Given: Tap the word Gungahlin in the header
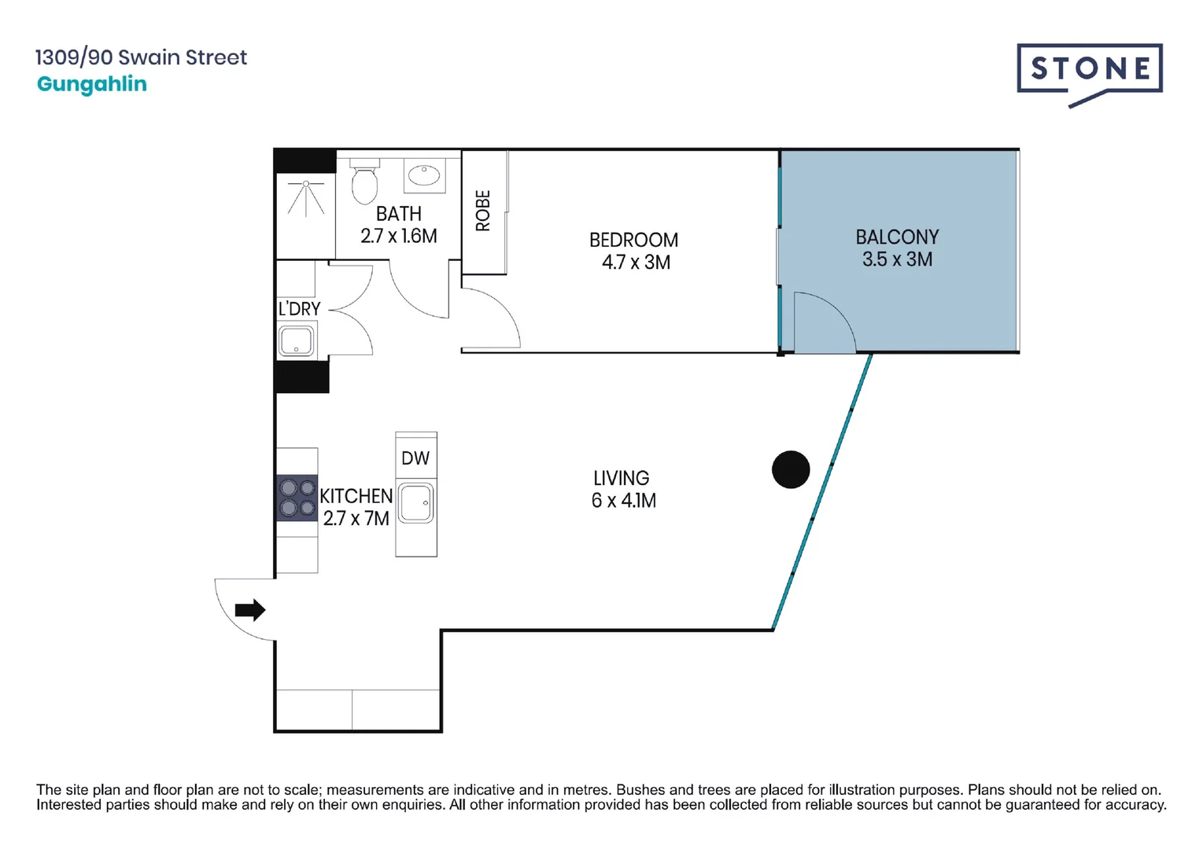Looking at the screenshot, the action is coord(92,85).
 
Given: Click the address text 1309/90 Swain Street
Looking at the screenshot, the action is coord(142,57).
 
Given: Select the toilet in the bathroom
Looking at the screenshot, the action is coord(364,181).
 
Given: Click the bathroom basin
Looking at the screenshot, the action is coord(424,175).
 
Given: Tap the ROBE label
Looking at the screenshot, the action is coord(483,211).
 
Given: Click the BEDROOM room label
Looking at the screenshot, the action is coord(633,240).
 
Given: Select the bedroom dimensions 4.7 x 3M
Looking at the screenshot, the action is coord(636,263).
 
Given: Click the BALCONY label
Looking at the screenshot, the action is coord(898,237).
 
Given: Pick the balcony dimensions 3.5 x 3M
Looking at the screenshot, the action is coord(898,259).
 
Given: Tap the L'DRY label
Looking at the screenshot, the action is coord(299,309).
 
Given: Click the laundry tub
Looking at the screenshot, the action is coord(296,340).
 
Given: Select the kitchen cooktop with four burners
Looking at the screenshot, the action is coord(297,498).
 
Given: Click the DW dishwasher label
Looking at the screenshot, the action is coord(415,458).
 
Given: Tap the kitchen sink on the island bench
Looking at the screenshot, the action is coord(416,502).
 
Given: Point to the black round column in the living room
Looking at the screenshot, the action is coord(791,469).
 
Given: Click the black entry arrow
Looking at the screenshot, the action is coord(250,610).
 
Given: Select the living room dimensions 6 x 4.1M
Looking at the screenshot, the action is coord(623,501).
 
